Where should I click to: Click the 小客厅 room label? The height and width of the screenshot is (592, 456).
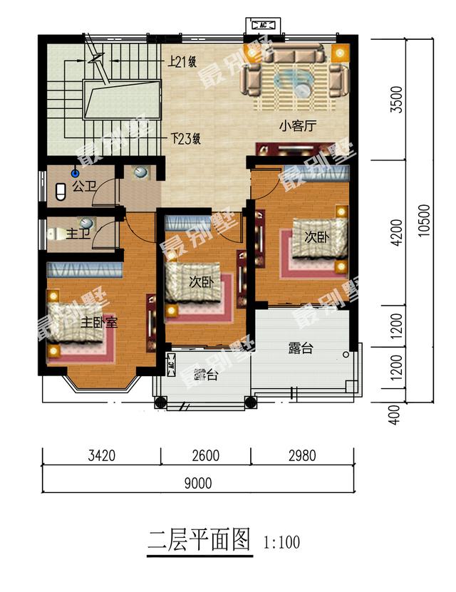point(298,127)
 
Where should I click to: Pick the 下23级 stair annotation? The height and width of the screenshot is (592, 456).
point(185,138)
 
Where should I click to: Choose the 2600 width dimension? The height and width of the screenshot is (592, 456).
point(206,455)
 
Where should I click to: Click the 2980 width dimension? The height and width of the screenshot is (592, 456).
point(302,455)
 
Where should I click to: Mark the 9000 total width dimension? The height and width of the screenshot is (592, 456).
point(198,484)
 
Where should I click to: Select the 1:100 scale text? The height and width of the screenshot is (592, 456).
point(281,543)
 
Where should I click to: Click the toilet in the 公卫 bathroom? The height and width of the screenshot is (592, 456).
point(61,191)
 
